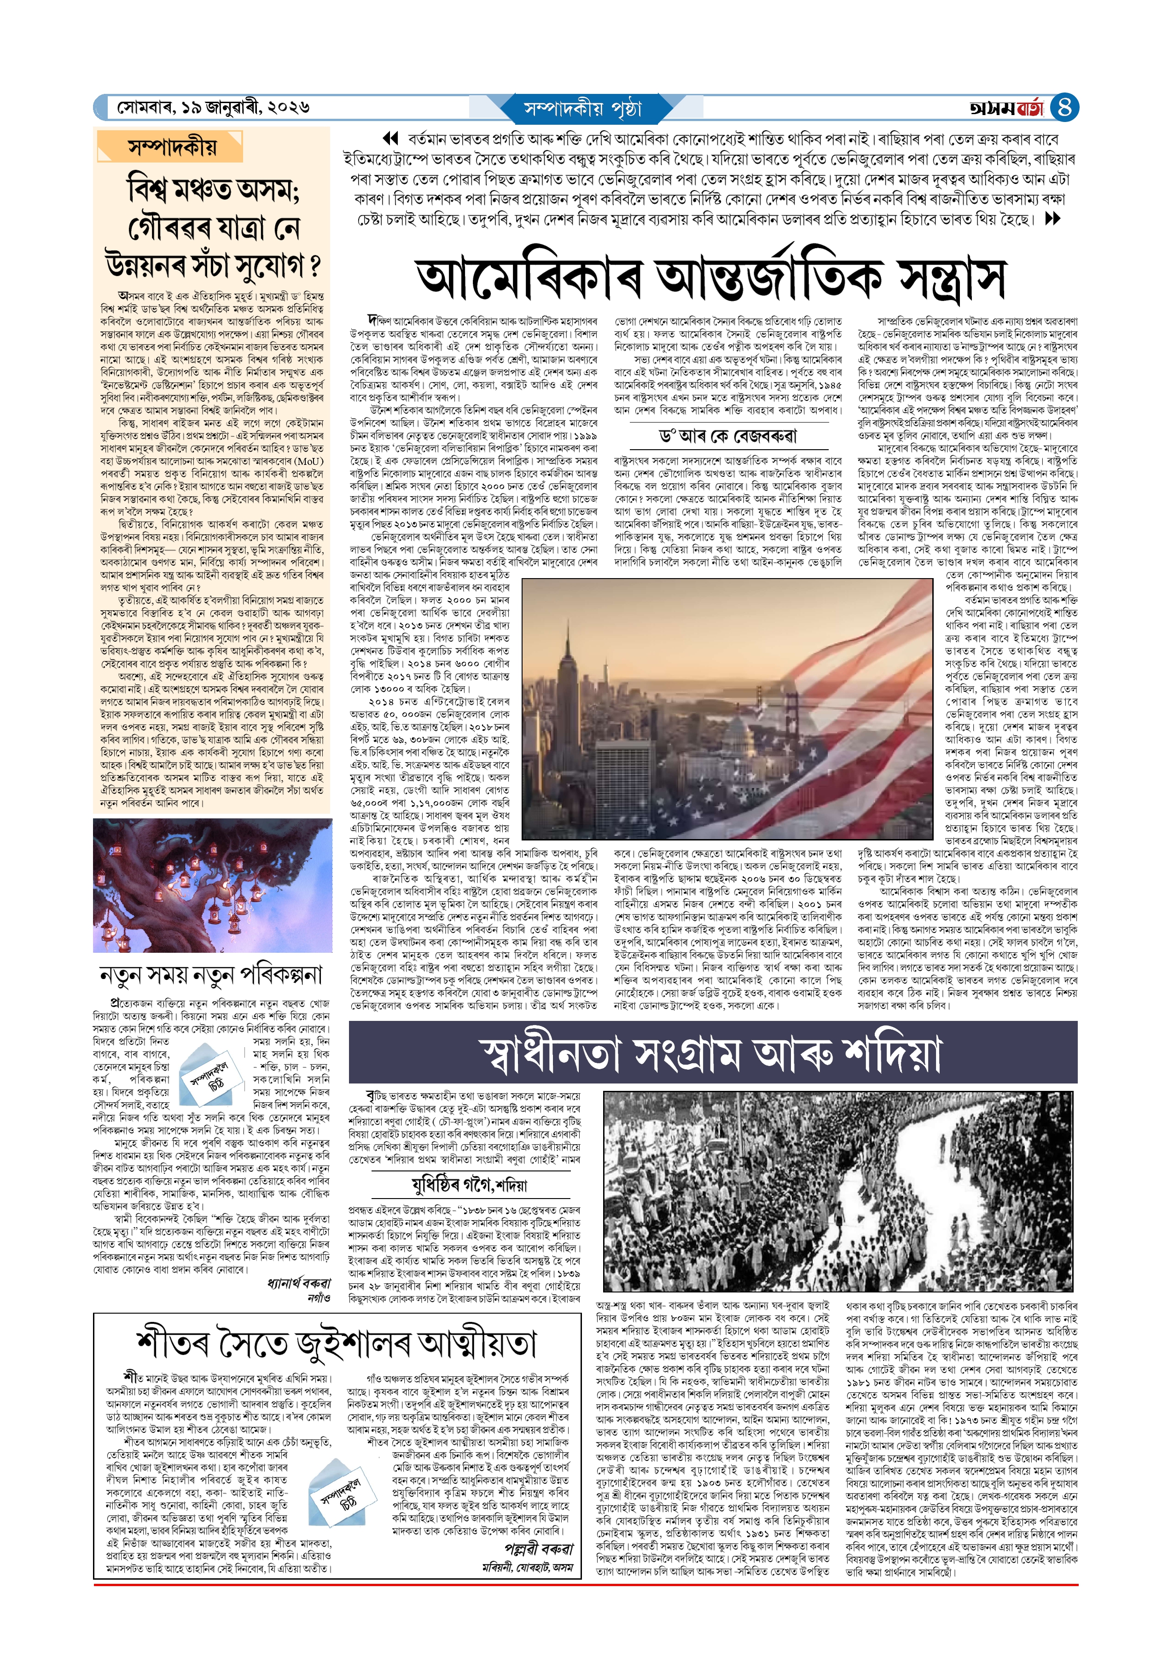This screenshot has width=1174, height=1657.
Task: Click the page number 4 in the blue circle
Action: point(1064,108)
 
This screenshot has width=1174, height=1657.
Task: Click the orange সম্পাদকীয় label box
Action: point(171,147)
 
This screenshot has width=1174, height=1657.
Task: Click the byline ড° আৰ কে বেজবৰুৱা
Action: point(726,436)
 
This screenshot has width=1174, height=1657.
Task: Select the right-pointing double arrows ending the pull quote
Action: point(1052,218)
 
